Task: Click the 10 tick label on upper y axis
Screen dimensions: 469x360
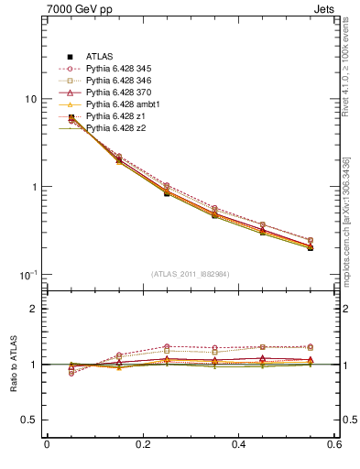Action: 29,99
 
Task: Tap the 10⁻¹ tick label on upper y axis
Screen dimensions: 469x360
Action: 27,275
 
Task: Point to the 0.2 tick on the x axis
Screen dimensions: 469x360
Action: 143,445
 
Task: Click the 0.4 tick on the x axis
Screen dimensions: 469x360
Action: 238,445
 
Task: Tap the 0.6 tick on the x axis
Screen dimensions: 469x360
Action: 334,445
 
